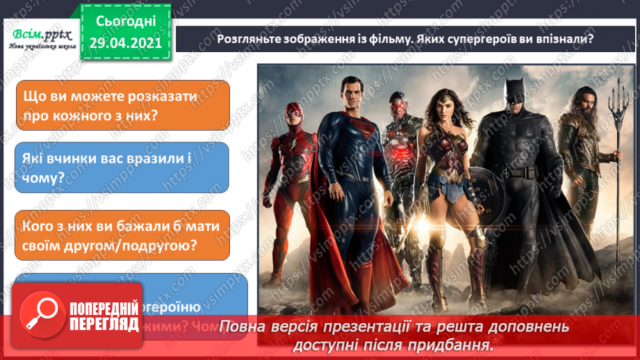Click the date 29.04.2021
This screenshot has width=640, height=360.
(x=125, y=42)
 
